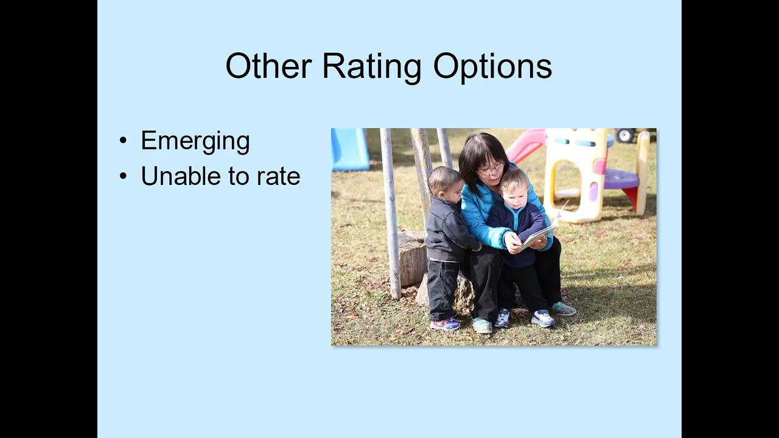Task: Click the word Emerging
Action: (195, 141)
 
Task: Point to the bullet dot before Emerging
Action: (124, 141)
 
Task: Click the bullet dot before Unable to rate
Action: (124, 177)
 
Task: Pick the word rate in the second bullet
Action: (278, 176)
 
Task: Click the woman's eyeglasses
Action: (490, 169)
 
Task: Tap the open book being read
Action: (539, 234)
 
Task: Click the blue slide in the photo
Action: (350, 149)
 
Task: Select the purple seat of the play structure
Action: (621, 179)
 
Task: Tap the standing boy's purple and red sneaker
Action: (445, 324)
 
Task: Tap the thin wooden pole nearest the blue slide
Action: (390, 213)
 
